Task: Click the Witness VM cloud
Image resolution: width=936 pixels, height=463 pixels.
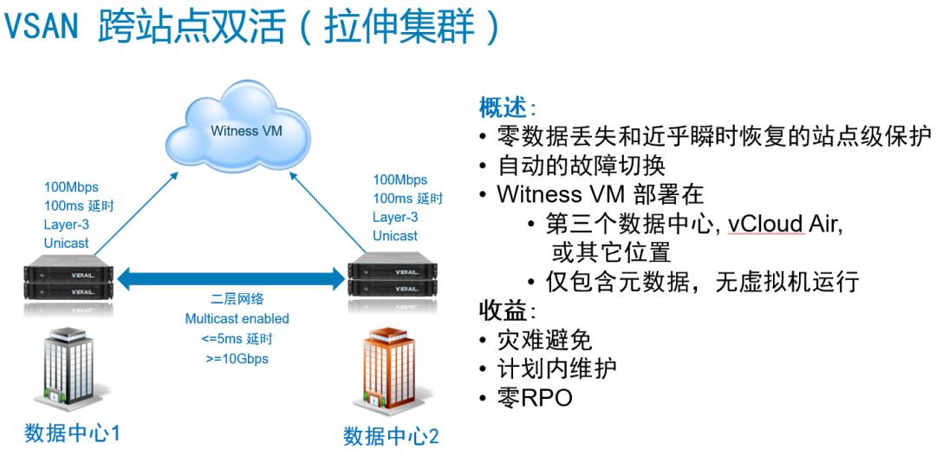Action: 238,127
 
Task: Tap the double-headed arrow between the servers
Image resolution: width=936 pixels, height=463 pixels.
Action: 231,278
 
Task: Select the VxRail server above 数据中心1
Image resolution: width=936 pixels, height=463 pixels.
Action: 68,277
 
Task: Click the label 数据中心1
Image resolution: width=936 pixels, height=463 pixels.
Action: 72,433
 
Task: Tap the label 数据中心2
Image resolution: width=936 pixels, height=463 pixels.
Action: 391,436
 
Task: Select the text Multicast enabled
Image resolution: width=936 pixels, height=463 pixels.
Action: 237,318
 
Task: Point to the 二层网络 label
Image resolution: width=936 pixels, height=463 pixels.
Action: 237,299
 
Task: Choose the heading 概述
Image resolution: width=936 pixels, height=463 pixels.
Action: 507,108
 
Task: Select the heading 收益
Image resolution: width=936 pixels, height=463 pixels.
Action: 507,310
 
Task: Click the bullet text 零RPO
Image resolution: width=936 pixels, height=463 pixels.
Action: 534,398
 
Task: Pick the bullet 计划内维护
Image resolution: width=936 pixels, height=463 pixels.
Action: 556,369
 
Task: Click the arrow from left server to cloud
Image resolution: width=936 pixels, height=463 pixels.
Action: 137,213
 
